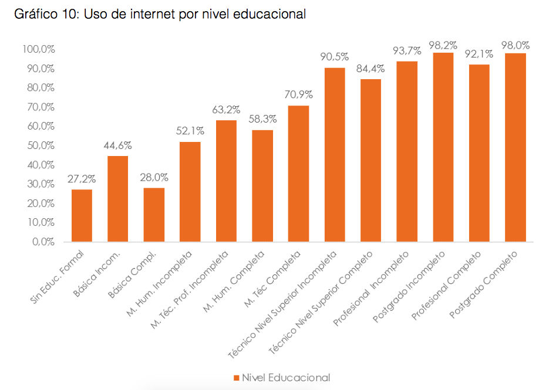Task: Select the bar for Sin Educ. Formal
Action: pos(82,215)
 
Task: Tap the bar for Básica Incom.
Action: pos(117,198)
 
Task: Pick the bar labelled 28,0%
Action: pos(154,214)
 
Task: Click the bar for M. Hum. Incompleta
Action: pos(190,191)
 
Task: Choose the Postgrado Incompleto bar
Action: pos(443,147)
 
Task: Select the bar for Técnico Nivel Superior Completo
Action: pos(371,160)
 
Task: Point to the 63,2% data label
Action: pos(226,110)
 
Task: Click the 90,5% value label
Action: pos(335,57)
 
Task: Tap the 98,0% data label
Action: pos(516,45)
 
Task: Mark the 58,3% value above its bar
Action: pos(262,119)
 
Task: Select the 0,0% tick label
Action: pos(43,242)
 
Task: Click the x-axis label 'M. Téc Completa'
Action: pos(279,273)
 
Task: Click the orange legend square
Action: pos(237,377)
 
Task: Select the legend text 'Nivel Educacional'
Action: pos(286,377)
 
